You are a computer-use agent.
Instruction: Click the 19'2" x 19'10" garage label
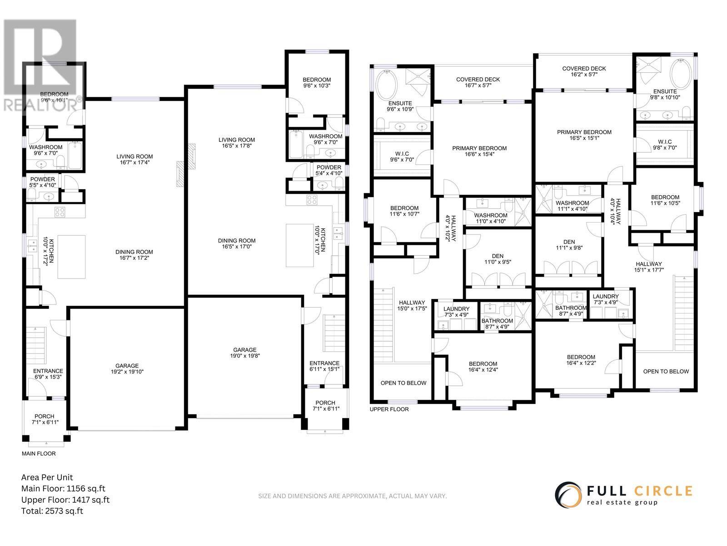point(127,369)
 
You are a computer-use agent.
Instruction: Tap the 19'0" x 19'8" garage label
point(245,353)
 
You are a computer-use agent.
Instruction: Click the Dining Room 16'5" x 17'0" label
point(237,243)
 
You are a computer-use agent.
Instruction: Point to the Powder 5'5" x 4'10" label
point(43,182)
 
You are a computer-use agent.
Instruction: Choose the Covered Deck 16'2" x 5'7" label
point(584,72)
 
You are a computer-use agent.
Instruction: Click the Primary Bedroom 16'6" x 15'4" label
point(479,151)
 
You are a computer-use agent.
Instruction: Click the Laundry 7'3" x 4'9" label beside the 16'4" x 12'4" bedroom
point(456,312)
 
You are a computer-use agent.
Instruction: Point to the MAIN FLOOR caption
point(39,453)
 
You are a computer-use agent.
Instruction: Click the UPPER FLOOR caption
point(389,409)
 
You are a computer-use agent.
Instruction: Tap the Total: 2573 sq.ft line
point(52,511)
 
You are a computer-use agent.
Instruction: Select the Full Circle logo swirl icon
point(568,493)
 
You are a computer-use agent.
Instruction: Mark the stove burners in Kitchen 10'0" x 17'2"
point(60,211)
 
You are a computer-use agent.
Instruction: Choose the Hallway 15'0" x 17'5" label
point(412,306)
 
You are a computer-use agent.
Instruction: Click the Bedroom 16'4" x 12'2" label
point(581,360)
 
